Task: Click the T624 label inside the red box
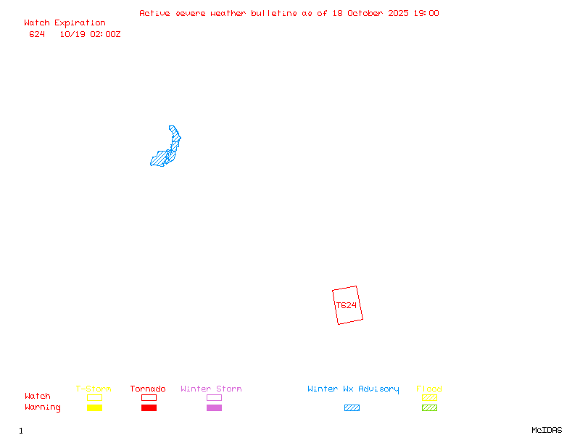point(347,305)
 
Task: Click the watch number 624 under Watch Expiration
point(37,34)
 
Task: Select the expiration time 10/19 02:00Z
point(90,34)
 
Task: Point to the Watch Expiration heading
point(65,23)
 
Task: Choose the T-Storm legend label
point(94,389)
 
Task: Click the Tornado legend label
point(148,389)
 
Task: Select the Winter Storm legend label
point(211,389)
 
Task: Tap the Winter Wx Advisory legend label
point(353,389)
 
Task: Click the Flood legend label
point(429,389)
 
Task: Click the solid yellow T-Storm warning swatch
point(94,407)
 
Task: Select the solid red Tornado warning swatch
point(149,407)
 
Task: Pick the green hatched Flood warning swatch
point(429,407)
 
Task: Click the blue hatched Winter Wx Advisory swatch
point(352,407)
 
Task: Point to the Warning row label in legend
point(43,407)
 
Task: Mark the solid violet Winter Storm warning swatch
point(214,407)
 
